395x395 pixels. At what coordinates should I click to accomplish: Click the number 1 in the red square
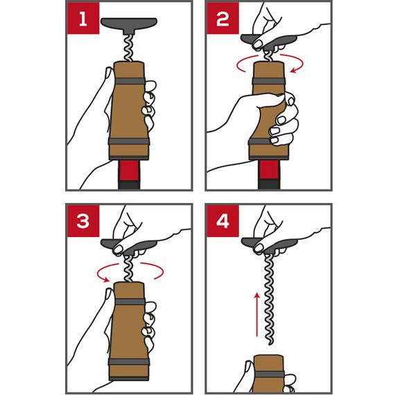83,19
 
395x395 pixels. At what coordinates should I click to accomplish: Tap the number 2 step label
222,19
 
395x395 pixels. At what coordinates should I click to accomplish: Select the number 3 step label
83,220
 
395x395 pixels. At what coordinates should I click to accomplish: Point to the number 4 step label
222,220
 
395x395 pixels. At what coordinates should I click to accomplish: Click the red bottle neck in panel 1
129,170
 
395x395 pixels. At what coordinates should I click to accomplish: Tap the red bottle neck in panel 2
269,170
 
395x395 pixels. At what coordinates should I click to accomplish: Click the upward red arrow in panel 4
256,315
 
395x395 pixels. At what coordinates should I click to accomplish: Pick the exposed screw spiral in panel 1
129,48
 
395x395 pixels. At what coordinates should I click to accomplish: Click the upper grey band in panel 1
130,81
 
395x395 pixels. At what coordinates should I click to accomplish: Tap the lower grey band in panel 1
129,141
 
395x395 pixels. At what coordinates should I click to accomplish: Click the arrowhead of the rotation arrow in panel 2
294,69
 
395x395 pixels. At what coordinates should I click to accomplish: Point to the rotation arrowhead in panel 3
106,279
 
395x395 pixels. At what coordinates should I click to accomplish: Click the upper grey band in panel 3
130,301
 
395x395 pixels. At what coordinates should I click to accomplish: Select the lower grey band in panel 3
129,362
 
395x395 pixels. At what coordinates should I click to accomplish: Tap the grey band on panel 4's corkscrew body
270,374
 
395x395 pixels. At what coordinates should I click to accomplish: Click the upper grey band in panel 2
269,81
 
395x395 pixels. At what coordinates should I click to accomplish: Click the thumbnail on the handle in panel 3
118,249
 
